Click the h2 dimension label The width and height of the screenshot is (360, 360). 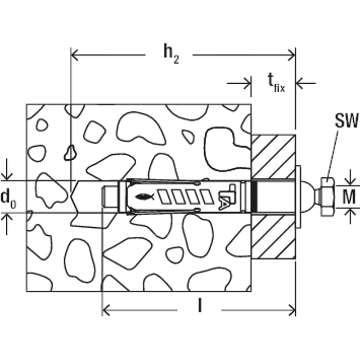[x=171, y=54]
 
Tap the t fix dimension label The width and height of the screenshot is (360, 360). [x=276, y=83]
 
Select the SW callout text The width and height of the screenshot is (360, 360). [x=346, y=120]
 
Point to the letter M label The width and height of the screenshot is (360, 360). [x=349, y=197]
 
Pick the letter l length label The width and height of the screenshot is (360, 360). [x=200, y=306]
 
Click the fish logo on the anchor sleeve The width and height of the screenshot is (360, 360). [x=144, y=197]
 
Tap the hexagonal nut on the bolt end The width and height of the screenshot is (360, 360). [x=328, y=197]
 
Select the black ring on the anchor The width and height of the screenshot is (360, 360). [x=254, y=197]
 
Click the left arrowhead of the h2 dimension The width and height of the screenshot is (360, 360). [x=75, y=55]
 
